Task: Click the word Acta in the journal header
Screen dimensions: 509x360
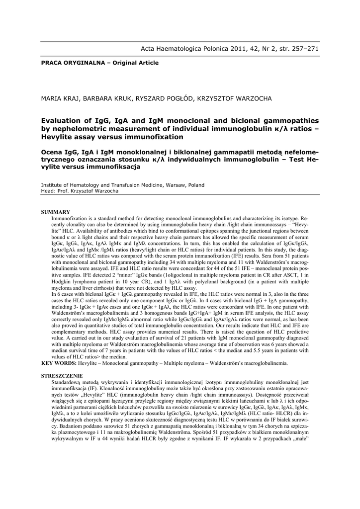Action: (149, 49)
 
